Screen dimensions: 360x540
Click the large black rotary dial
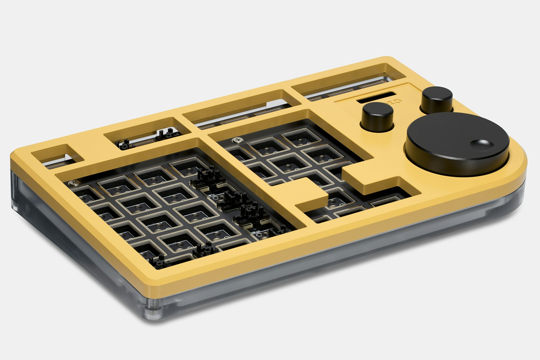pyautogui.click(x=457, y=144)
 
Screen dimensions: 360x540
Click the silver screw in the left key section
pyautogui.click(x=75, y=183)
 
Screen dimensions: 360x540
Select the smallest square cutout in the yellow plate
pyautogui.click(x=58, y=156)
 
